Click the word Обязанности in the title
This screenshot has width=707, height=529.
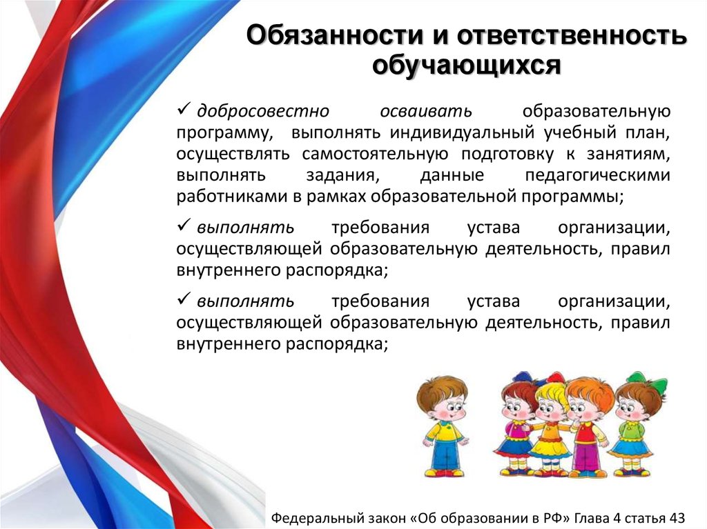pyautogui.click(x=335, y=36)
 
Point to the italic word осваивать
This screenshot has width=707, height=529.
pyautogui.click(x=426, y=111)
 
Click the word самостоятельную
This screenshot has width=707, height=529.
pyautogui.click(x=375, y=154)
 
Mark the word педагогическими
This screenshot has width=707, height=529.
pyautogui.click(x=597, y=175)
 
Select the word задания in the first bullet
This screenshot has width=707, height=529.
pyautogui.click(x=342, y=176)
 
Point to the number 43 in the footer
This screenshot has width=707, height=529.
pyautogui.click(x=677, y=518)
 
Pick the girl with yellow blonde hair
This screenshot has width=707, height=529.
pyautogui.click(x=548, y=426)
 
